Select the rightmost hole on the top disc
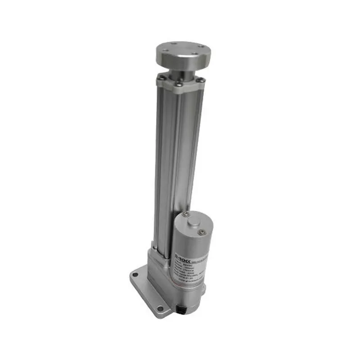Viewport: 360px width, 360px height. point(196,52)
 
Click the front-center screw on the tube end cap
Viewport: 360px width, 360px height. point(179,84)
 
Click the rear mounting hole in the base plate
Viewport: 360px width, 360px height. point(134,274)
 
